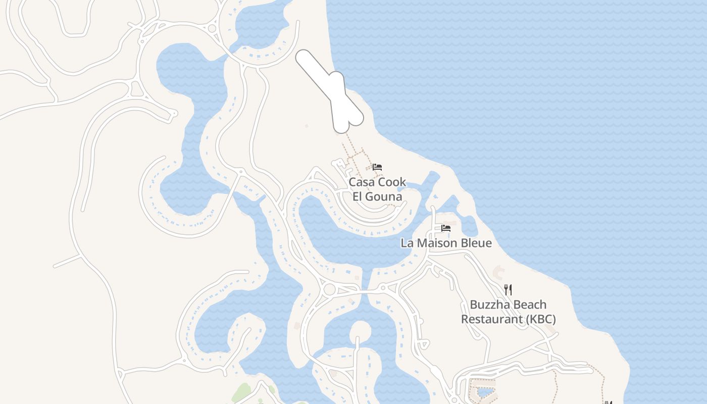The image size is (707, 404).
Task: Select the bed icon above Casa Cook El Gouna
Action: coord(377,167)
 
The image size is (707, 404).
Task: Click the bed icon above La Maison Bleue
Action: coord(446,228)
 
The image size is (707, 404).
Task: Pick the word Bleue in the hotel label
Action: coord(475,243)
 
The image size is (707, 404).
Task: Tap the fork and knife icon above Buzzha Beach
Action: coord(508,289)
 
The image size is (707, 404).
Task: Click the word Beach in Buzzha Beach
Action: coord(530,305)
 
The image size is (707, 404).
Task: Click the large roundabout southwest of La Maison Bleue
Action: coord(330,289)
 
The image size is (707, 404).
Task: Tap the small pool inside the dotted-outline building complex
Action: coord(486,392)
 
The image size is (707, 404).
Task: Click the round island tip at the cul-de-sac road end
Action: coord(360,330)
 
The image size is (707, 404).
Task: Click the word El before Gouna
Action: coord(358,196)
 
